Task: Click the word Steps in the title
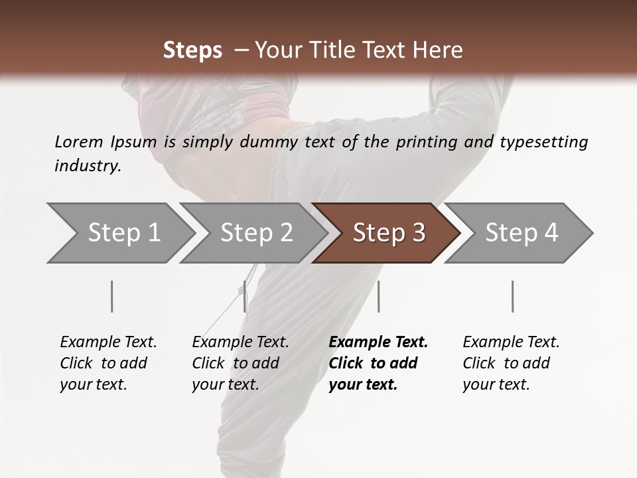(192, 50)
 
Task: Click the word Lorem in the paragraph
(78, 141)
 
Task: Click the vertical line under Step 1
(112, 296)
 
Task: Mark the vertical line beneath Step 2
(245, 296)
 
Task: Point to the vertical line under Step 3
(378, 296)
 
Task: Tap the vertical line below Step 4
(513, 296)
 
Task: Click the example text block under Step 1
(108, 363)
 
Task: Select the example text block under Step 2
(240, 363)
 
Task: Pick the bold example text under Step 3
(378, 363)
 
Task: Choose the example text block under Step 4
(511, 363)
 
